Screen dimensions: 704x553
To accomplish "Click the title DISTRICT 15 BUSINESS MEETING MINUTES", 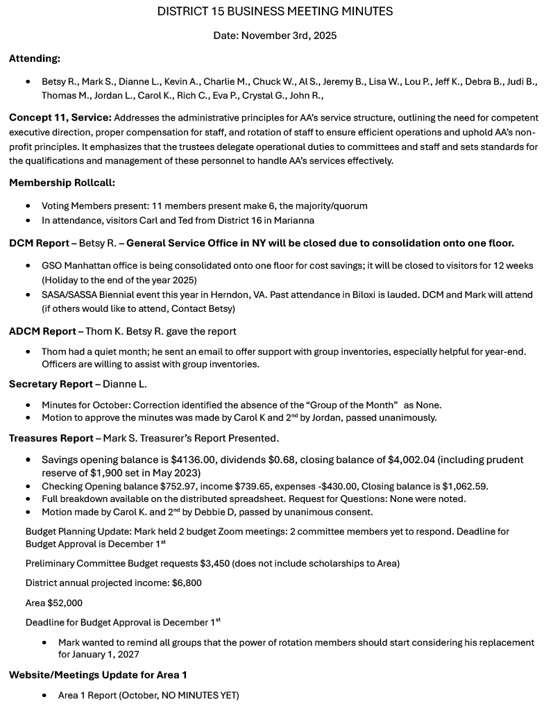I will coord(275,11).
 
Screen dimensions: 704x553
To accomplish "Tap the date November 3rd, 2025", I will coord(275,35).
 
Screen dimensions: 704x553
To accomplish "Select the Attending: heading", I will coord(35,59).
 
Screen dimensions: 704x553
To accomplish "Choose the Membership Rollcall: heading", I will coord(62,183).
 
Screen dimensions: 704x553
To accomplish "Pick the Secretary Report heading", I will coord(51,384).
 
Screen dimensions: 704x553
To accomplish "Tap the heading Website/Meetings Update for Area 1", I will coord(98,675).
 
